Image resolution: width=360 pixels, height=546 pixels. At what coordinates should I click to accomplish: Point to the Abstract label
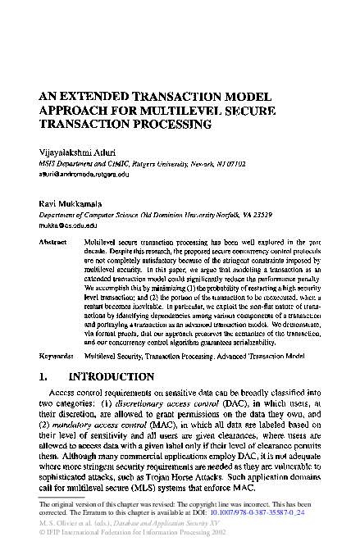(53, 243)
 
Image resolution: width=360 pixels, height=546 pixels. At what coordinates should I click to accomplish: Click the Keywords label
(57, 334)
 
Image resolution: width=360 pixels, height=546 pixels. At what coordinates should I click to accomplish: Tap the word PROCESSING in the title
(168, 125)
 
